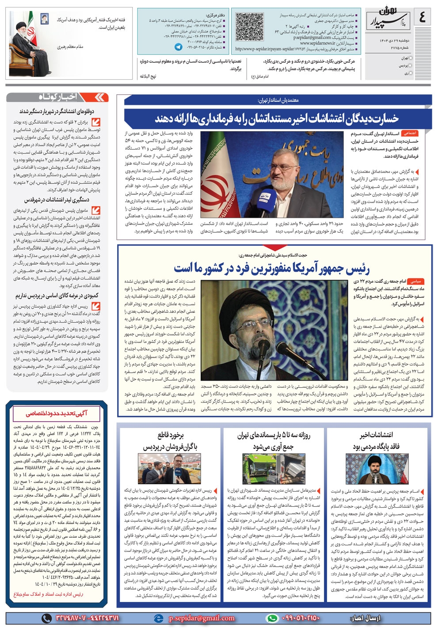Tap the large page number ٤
tap(423, 18)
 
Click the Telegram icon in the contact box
tap(178, 46)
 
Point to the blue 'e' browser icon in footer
tap(158, 618)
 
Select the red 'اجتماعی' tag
tap(410, 133)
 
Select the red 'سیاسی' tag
tap(415, 281)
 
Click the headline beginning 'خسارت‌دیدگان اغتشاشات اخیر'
tap(276, 118)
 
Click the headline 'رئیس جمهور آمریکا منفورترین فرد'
tap(271, 268)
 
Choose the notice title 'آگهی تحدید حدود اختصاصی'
tap(57, 413)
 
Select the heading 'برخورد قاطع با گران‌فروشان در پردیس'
tap(170, 441)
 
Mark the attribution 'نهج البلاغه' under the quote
tap(149, 76)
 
